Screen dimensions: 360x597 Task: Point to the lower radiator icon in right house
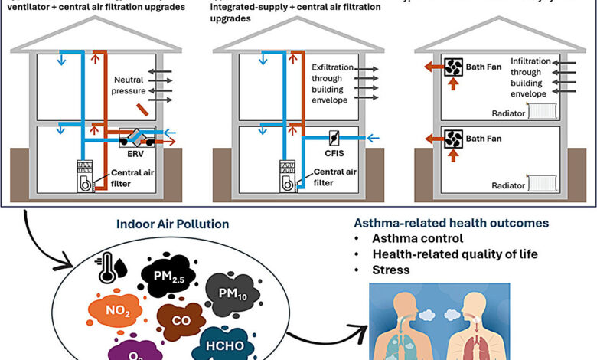(543, 183)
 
